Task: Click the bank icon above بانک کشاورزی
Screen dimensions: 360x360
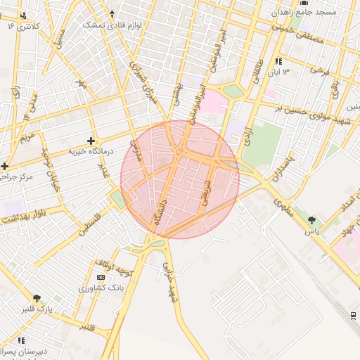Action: point(102,278)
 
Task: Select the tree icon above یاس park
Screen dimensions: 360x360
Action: point(311,221)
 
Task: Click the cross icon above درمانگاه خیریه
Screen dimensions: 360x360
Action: point(91,141)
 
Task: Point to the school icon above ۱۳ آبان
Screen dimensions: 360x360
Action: point(279,61)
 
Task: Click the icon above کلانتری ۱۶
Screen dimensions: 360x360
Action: point(25,15)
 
